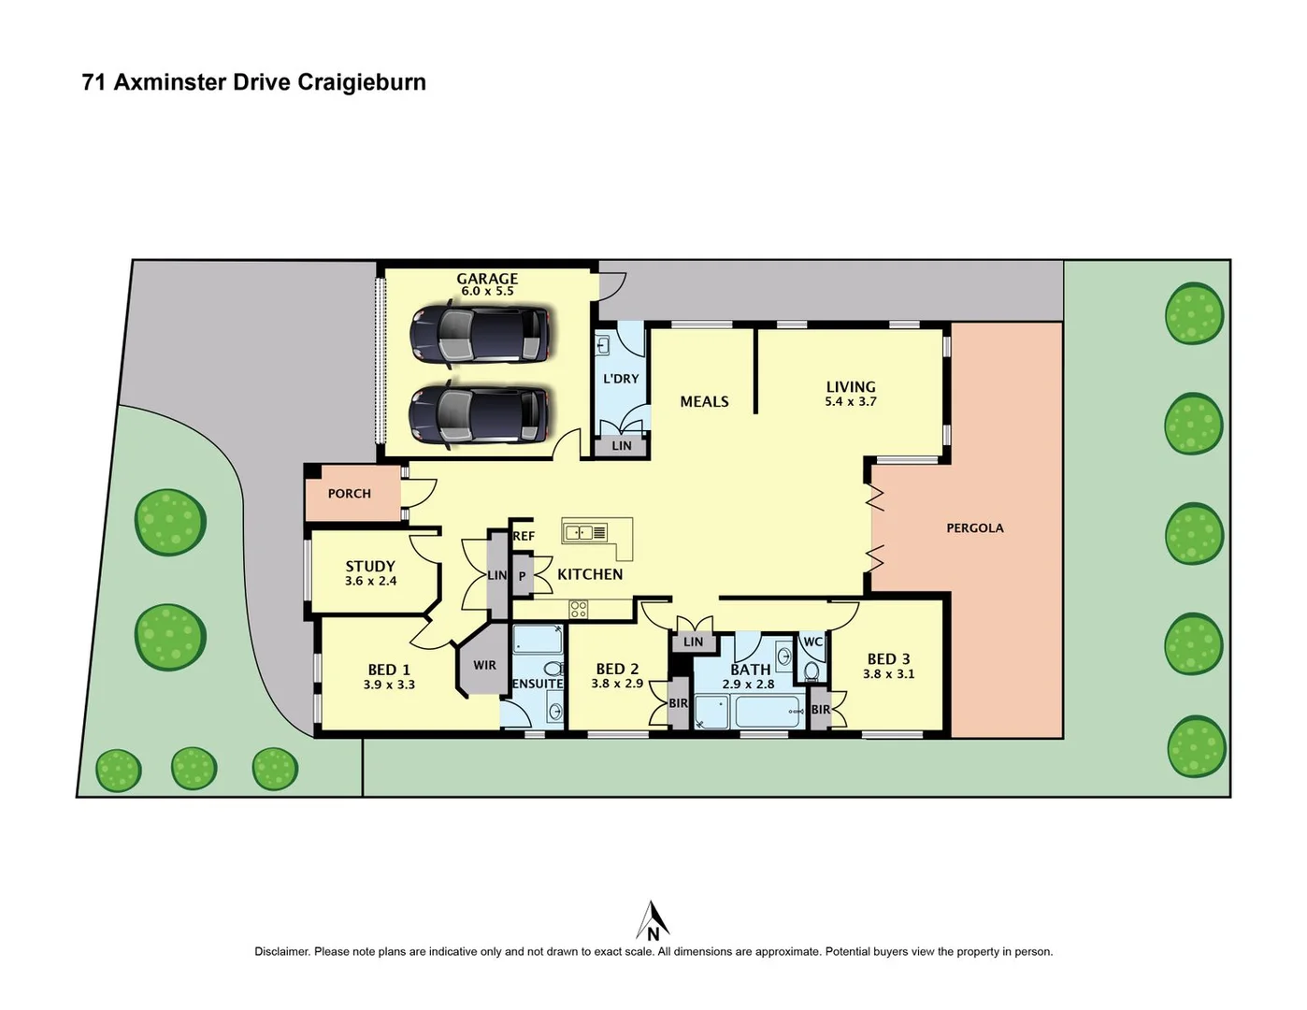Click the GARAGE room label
click(486, 279)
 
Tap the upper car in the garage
click(480, 335)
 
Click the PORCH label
click(349, 494)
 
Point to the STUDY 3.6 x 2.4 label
click(370, 573)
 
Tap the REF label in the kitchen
click(524, 536)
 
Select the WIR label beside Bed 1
click(484, 666)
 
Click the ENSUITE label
click(538, 684)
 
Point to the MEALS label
click(704, 401)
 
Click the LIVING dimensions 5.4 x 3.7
click(851, 402)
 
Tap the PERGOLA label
click(974, 528)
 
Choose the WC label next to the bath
click(812, 642)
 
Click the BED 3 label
click(888, 659)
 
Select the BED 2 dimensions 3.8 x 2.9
click(617, 684)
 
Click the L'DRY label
click(621, 379)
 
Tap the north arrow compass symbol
click(653, 921)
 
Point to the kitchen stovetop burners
click(579, 610)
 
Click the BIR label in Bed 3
click(820, 710)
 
